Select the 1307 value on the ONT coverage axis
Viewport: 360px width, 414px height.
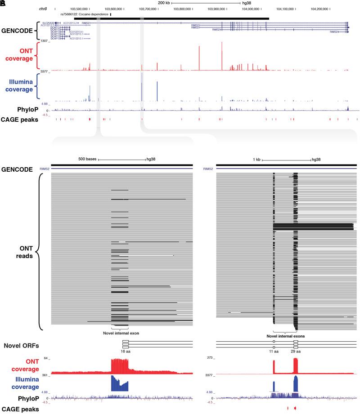tap(45, 41)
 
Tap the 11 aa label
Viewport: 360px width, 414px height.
tap(274, 350)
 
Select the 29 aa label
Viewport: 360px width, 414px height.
tap(295, 350)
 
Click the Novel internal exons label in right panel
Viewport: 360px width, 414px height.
tap(285, 336)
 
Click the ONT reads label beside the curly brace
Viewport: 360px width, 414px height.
tap(18, 251)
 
